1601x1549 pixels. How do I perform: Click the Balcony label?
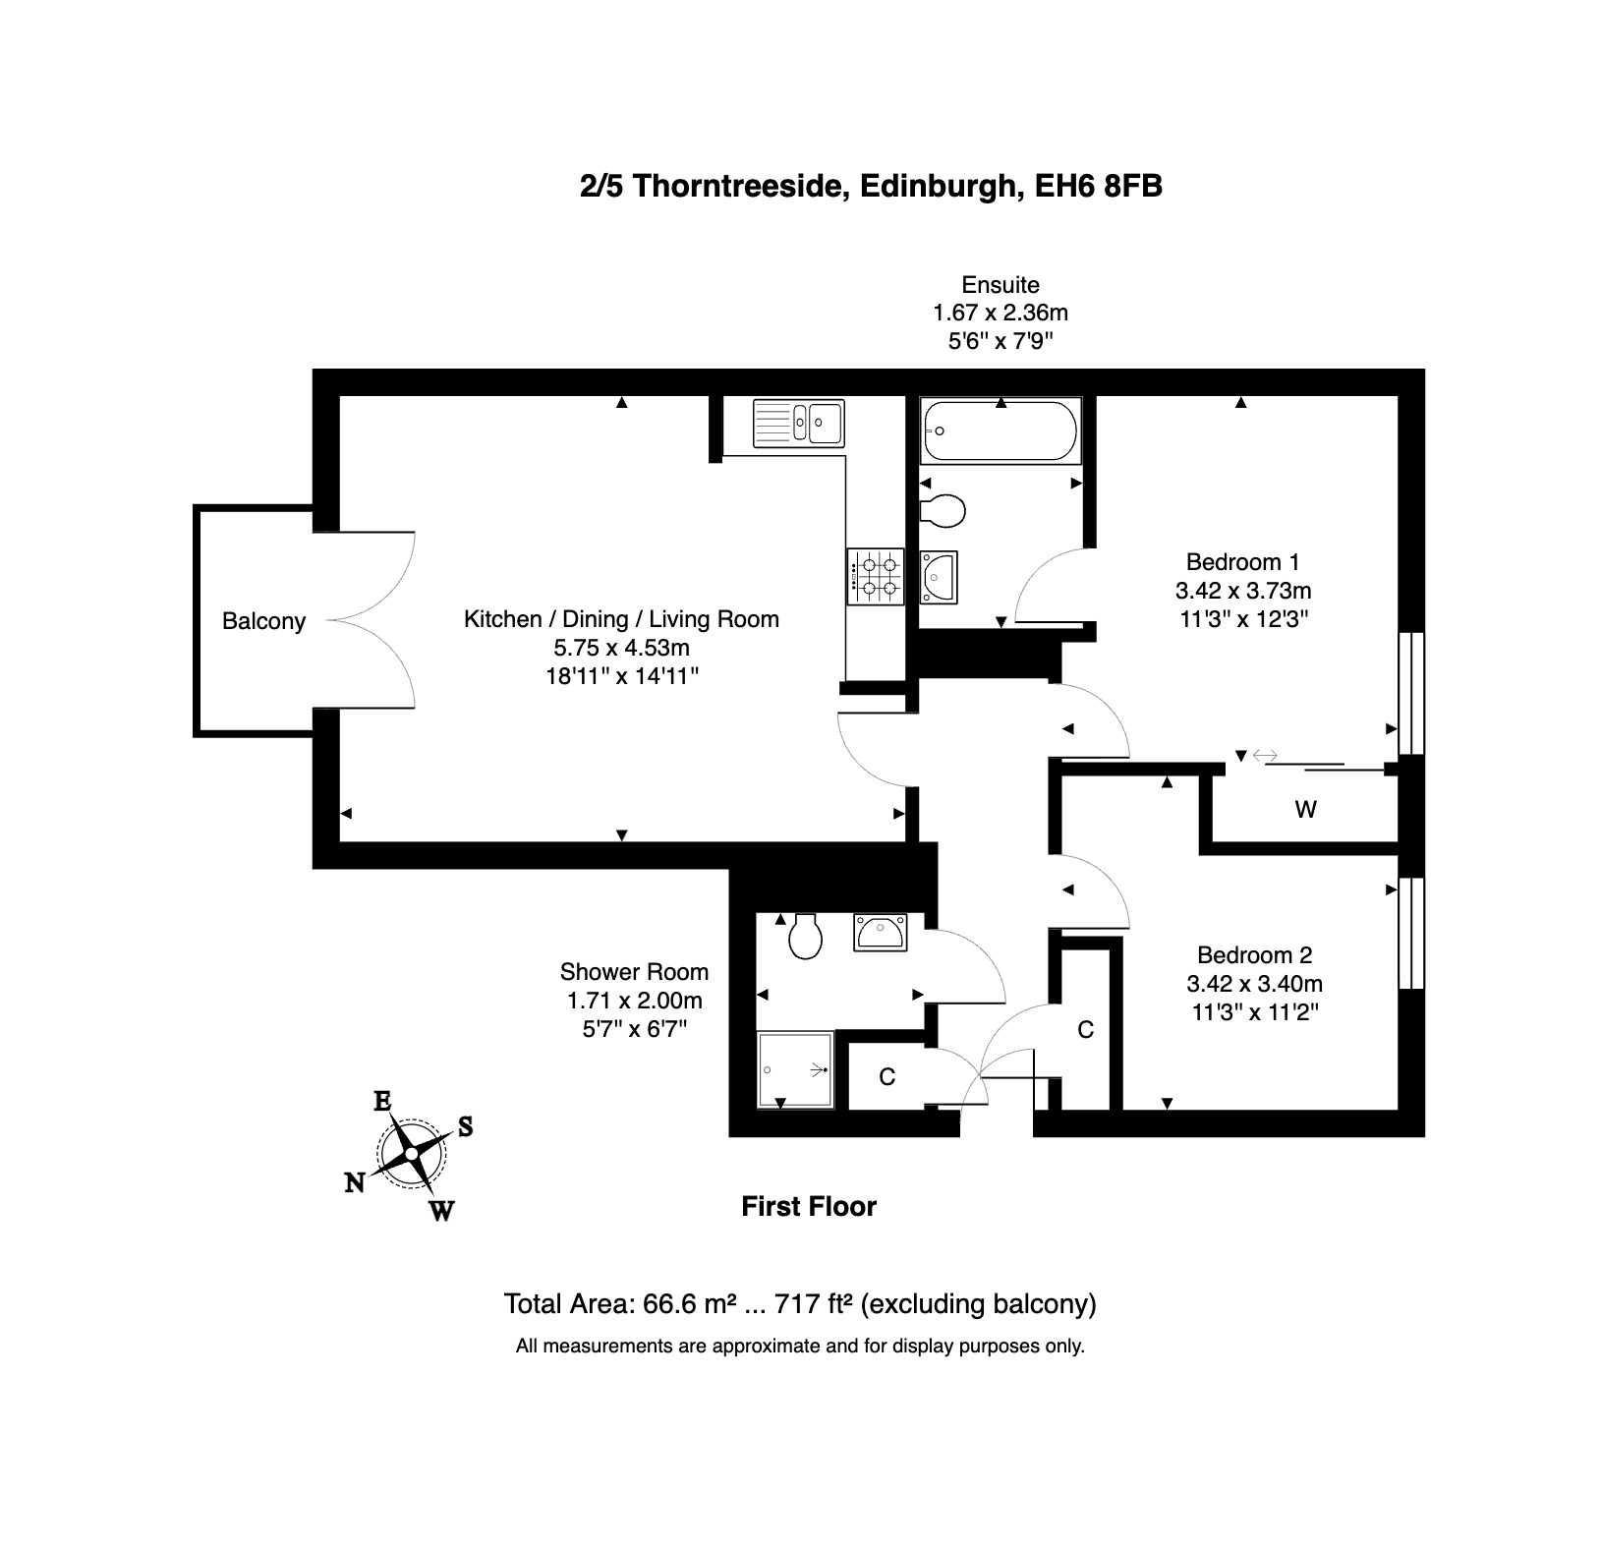point(263,621)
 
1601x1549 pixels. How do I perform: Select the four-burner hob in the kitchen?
point(875,577)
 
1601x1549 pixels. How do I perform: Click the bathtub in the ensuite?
point(1001,430)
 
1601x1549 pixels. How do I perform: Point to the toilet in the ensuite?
point(943,510)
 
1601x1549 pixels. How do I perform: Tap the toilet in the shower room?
point(806,937)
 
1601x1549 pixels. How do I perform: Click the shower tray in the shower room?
point(795,1070)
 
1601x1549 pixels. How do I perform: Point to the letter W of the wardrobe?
point(1305,810)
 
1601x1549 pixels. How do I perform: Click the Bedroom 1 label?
point(1243,562)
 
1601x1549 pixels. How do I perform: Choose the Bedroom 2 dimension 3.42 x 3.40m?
point(1255,984)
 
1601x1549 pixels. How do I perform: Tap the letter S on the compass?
point(466,1126)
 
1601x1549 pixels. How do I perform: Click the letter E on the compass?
point(382,1101)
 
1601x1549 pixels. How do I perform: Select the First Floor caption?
point(809,1207)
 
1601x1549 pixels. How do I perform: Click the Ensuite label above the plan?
point(1001,285)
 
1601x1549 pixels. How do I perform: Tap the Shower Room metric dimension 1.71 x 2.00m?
point(635,1001)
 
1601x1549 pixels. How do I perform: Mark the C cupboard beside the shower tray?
point(887,1077)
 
